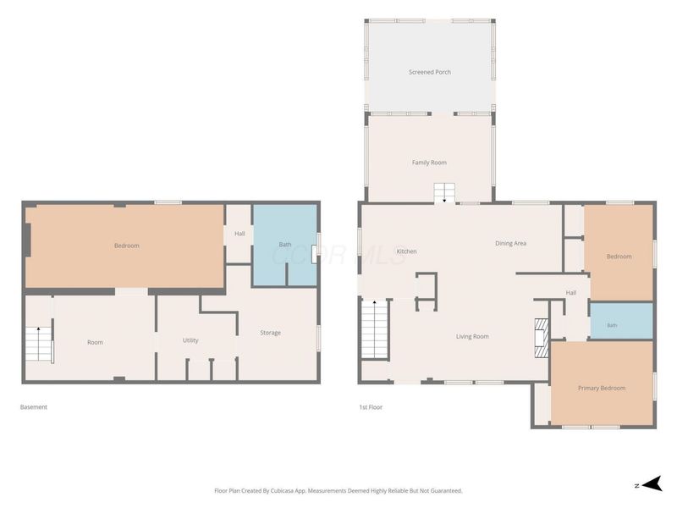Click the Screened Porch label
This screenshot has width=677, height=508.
click(x=430, y=72)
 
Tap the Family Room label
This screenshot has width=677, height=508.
click(x=429, y=163)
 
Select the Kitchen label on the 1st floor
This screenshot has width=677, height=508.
click(x=407, y=251)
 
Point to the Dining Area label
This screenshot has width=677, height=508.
click(x=511, y=243)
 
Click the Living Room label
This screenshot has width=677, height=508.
click(x=472, y=336)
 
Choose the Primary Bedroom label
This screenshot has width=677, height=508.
click(x=602, y=388)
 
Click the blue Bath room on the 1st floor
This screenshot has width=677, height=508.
click(x=621, y=321)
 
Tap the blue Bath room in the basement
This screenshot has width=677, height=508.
click(x=285, y=245)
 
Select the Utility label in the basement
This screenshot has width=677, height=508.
click(x=190, y=340)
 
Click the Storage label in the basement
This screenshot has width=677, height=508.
click(x=270, y=333)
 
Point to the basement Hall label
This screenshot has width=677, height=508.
click(x=239, y=234)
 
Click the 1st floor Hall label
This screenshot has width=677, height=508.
click(x=571, y=292)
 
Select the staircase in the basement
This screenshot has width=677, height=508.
click(x=38, y=344)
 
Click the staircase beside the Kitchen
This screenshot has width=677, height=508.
click(x=375, y=329)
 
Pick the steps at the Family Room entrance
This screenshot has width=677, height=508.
click(x=444, y=193)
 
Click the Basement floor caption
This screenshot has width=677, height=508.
click(x=34, y=407)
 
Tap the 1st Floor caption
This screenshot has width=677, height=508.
click(x=371, y=407)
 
